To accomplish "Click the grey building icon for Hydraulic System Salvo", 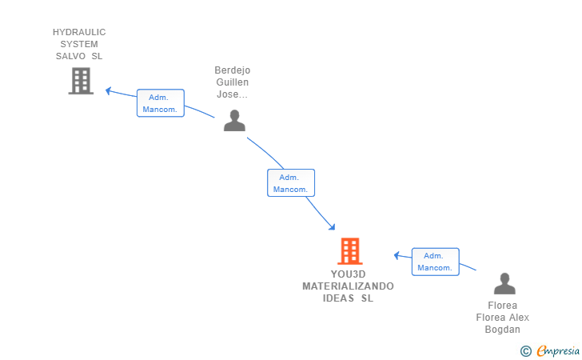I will click(x=81, y=81).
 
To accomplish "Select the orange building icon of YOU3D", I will click(x=349, y=251).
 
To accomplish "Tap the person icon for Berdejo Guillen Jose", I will click(x=234, y=120).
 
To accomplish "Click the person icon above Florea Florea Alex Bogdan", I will click(x=504, y=284).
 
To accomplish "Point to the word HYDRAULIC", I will click(x=79, y=32).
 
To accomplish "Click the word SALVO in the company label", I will click(x=73, y=56).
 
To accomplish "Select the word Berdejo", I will click(x=232, y=70).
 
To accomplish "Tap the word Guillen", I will click(x=232, y=82).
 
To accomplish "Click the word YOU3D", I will click(x=348, y=274).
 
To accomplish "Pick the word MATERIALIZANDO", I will click(x=348, y=286).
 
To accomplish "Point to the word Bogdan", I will click(x=503, y=330).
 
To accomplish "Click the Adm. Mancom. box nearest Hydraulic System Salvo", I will click(x=160, y=103).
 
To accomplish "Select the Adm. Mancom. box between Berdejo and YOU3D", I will click(x=290, y=183).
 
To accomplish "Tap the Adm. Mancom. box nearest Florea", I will click(x=436, y=262).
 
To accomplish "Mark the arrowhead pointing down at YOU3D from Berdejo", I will click(x=332, y=227).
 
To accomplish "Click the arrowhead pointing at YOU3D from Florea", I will click(x=397, y=255).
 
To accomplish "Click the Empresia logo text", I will click(x=558, y=350).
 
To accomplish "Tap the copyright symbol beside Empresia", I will click(x=525, y=350).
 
